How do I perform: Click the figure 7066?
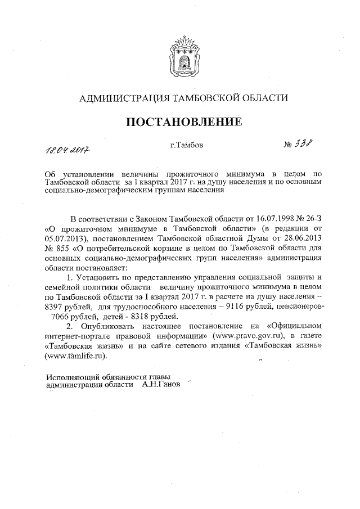(61, 316)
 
